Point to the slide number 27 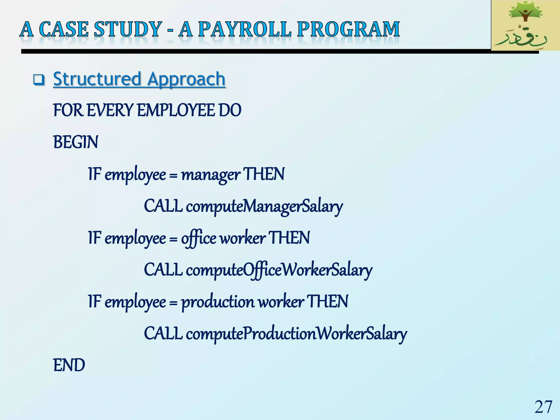[543, 407]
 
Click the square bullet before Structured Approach [39, 80]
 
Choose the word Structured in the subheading [97, 79]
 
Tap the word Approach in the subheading [186, 79]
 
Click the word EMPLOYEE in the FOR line [176, 110]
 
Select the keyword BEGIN [75, 142]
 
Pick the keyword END [69, 365]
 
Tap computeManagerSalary [264, 207]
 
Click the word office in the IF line [199, 238]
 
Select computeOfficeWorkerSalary [279, 270]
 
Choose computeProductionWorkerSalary [296, 334]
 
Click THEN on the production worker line [328, 302]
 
